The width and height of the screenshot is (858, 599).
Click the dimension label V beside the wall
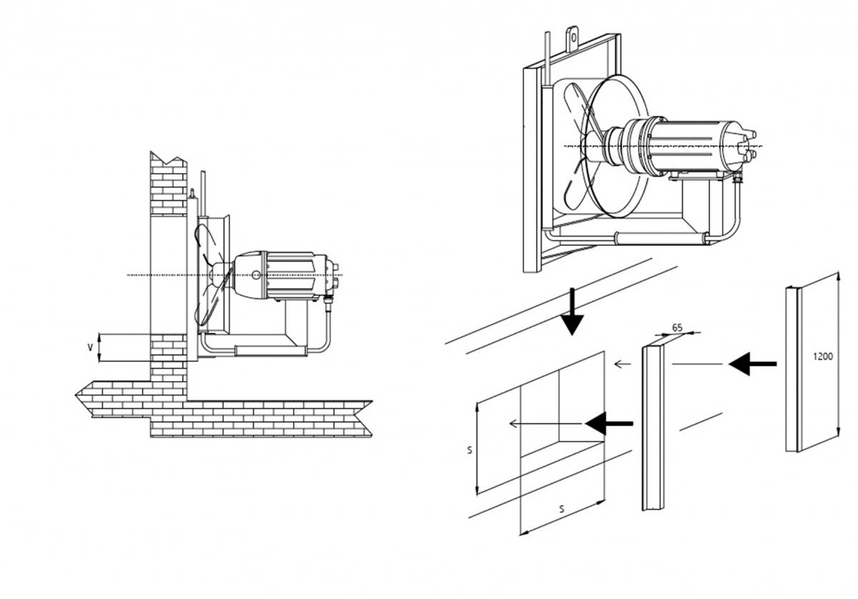pyautogui.click(x=89, y=347)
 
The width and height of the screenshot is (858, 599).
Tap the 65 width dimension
pyautogui.click(x=678, y=328)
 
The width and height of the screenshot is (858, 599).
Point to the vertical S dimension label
pyautogui.click(x=469, y=450)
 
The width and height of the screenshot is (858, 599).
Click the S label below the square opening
pyautogui.click(x=561, y=510)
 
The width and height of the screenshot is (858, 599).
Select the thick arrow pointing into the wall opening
pyautogui.click(x=608, y=423)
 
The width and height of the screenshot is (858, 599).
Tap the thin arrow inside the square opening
pyautogui.click(x=543, y=424)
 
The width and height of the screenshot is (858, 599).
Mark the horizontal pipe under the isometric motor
pyautogui.click(x=658, y=237)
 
